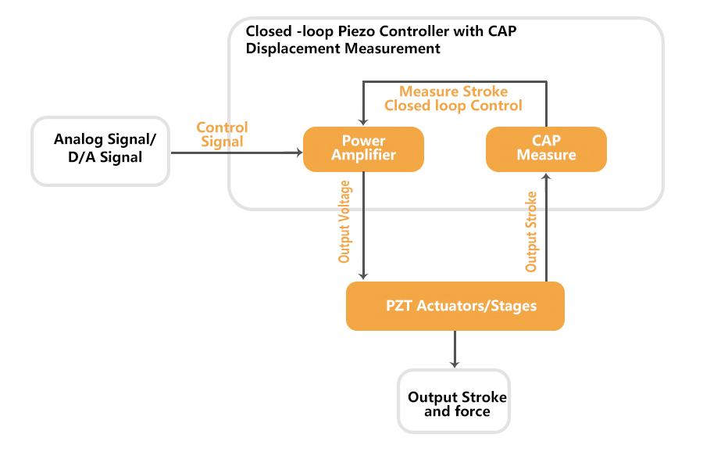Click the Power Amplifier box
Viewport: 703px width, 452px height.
pyautogui.click(x=363, y=149)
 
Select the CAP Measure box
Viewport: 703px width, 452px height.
pyautogui.click(x=546, y=149)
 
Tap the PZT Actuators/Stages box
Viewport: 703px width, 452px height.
pyautogui.click(x=455, y=306)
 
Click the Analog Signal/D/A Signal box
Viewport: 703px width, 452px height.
pyautogui.click(x=101, y=151)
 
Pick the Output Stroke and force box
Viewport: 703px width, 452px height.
pyautogui.click(x=454, y=401)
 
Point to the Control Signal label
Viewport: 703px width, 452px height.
pyautogui.click(x=222, y=135)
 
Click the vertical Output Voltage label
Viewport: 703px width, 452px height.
pyautogui.click(x=344, y=221)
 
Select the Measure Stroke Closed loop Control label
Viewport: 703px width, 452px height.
pyautogui.click(x=453, y=99)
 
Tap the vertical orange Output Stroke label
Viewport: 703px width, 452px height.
pyautogui.click(x=531, y=231)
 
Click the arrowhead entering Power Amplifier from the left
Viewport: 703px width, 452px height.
pyautogui.click(x=299, y=152)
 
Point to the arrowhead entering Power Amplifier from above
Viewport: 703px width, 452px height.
pyautogui.click(x=363, y=122)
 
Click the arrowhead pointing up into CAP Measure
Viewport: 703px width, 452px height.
pyautogui.click(x=546, y=177)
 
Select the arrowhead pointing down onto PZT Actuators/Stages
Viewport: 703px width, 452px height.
pyautogui.click(x=363, y=276)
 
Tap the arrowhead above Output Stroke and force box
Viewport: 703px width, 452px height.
pyautogui.click(x=455, y=364)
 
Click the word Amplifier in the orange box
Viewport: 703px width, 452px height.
pyautogui.click(x=363, y=155)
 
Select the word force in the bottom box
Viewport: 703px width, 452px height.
pyautogui.click(x=473, y=411)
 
